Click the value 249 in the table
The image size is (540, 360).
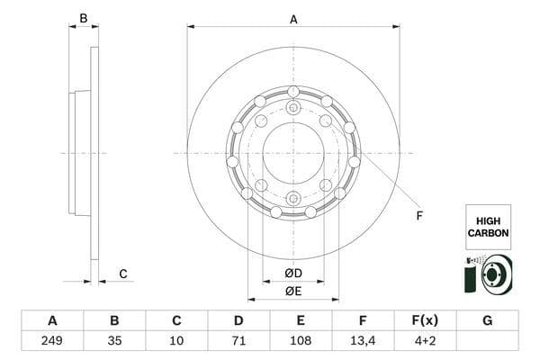pos(52,342)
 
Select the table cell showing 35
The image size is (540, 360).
pos(114,342)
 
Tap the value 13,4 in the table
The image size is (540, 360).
pos(363,342)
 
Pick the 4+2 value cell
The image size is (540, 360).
pos(425,342)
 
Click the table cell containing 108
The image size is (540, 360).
pos(301,342)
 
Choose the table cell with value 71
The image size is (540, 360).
pos(238,342)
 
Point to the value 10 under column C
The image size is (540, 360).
pos(176,342)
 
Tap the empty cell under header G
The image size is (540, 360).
pos(487,342)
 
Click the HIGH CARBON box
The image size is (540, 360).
pos(488,227)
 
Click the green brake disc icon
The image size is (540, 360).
pos(487,274)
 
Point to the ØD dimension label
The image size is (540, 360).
pos(293,273)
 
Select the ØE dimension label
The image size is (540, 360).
pos(293,290)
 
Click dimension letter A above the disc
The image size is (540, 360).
pos(293,19)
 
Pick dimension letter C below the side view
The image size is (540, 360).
pos(123,274)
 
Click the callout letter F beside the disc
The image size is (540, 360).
pos(418,215)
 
